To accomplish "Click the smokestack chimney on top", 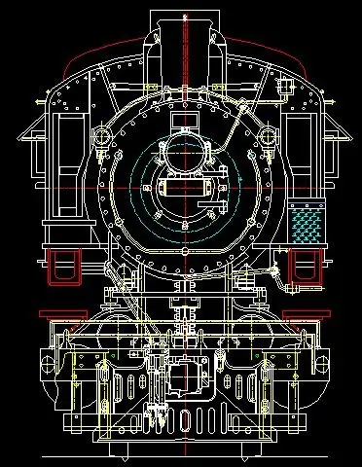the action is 181,29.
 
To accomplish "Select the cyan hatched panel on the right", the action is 309,225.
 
